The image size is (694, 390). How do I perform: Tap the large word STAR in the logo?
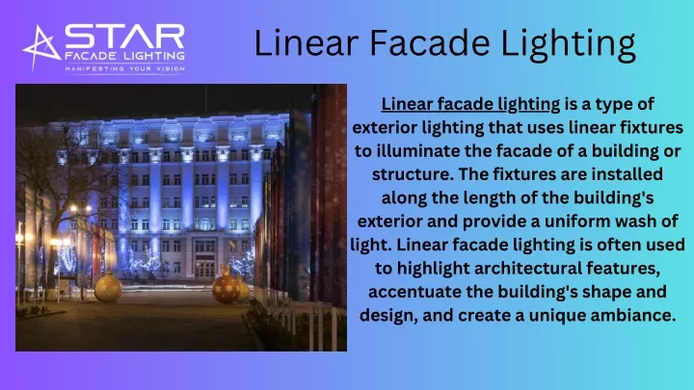[x=124, y=37]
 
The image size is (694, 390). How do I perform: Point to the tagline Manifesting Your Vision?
[x=124, y=69]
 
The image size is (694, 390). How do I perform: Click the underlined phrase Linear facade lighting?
[x=470, y=104]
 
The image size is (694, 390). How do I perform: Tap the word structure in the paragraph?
[x=413, y=174]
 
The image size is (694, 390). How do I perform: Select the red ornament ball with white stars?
[x=226, y=289]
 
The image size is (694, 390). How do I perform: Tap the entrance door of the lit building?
[x=204, y=270]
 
